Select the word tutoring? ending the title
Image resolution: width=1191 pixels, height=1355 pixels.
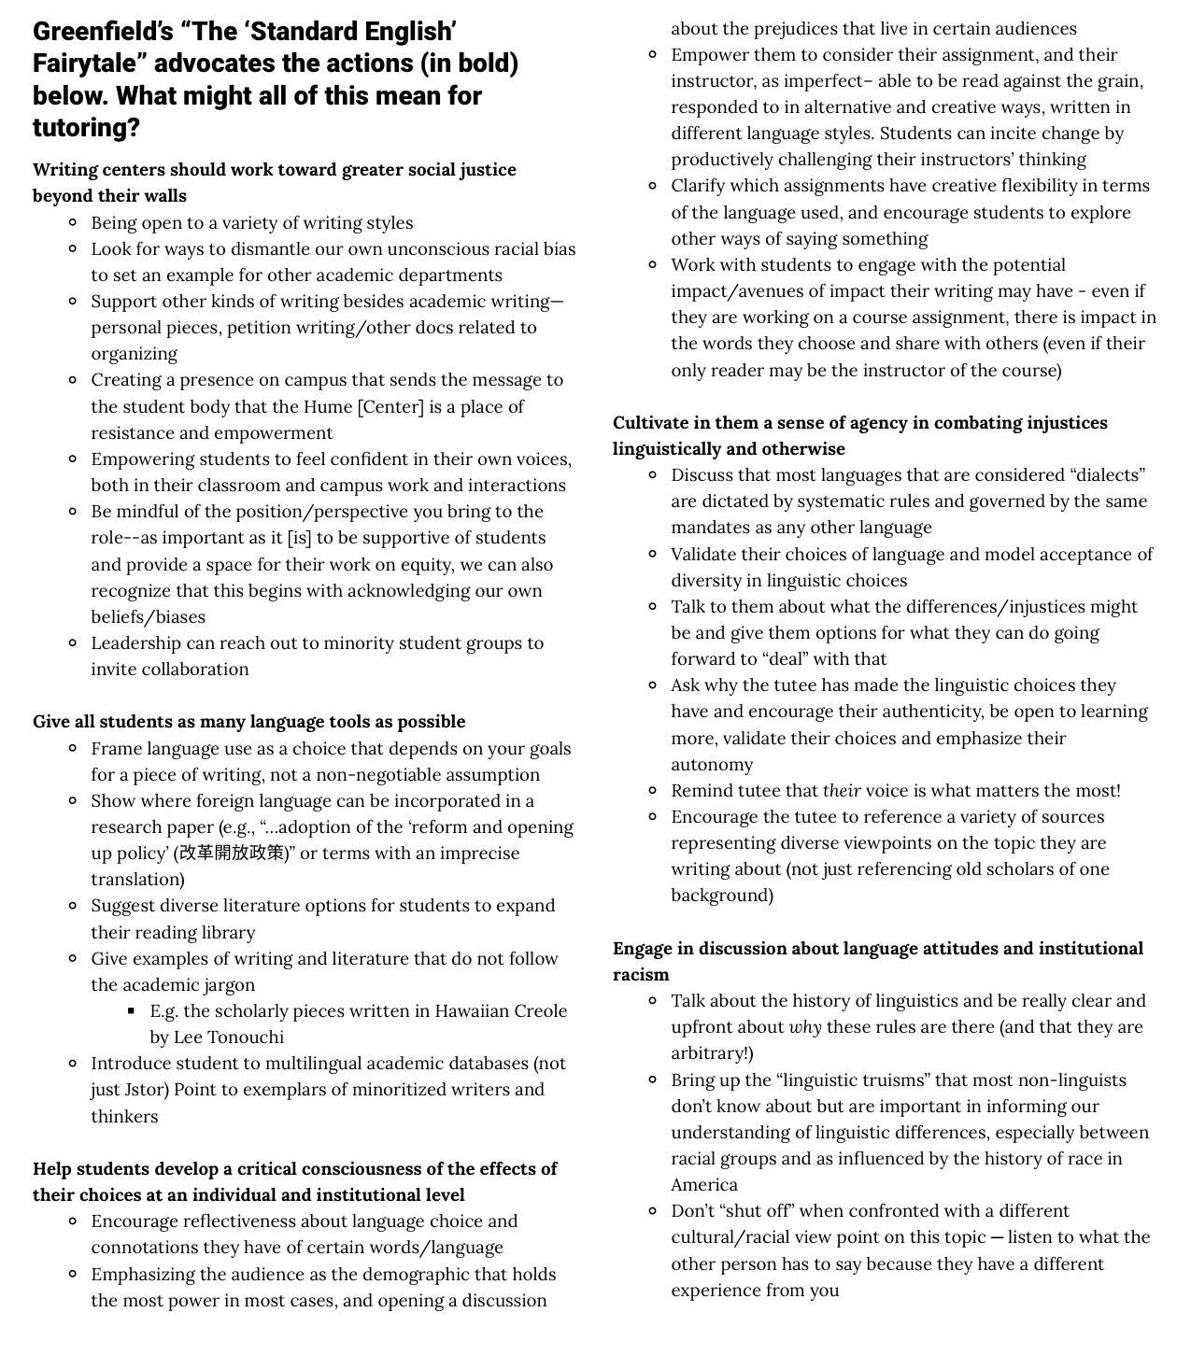(86, 127)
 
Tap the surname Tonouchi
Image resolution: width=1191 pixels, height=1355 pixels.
(241, 1037)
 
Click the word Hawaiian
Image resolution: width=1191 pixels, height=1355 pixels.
(475, 1010)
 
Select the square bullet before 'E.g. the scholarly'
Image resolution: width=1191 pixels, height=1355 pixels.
(132, 1010)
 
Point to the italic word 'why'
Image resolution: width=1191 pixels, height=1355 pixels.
(805, 1026)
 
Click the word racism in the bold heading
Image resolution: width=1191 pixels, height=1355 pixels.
(641, 974)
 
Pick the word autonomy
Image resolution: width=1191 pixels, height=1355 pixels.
(712, 764)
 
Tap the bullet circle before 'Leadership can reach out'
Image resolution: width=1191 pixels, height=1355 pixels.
(73, 642)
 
